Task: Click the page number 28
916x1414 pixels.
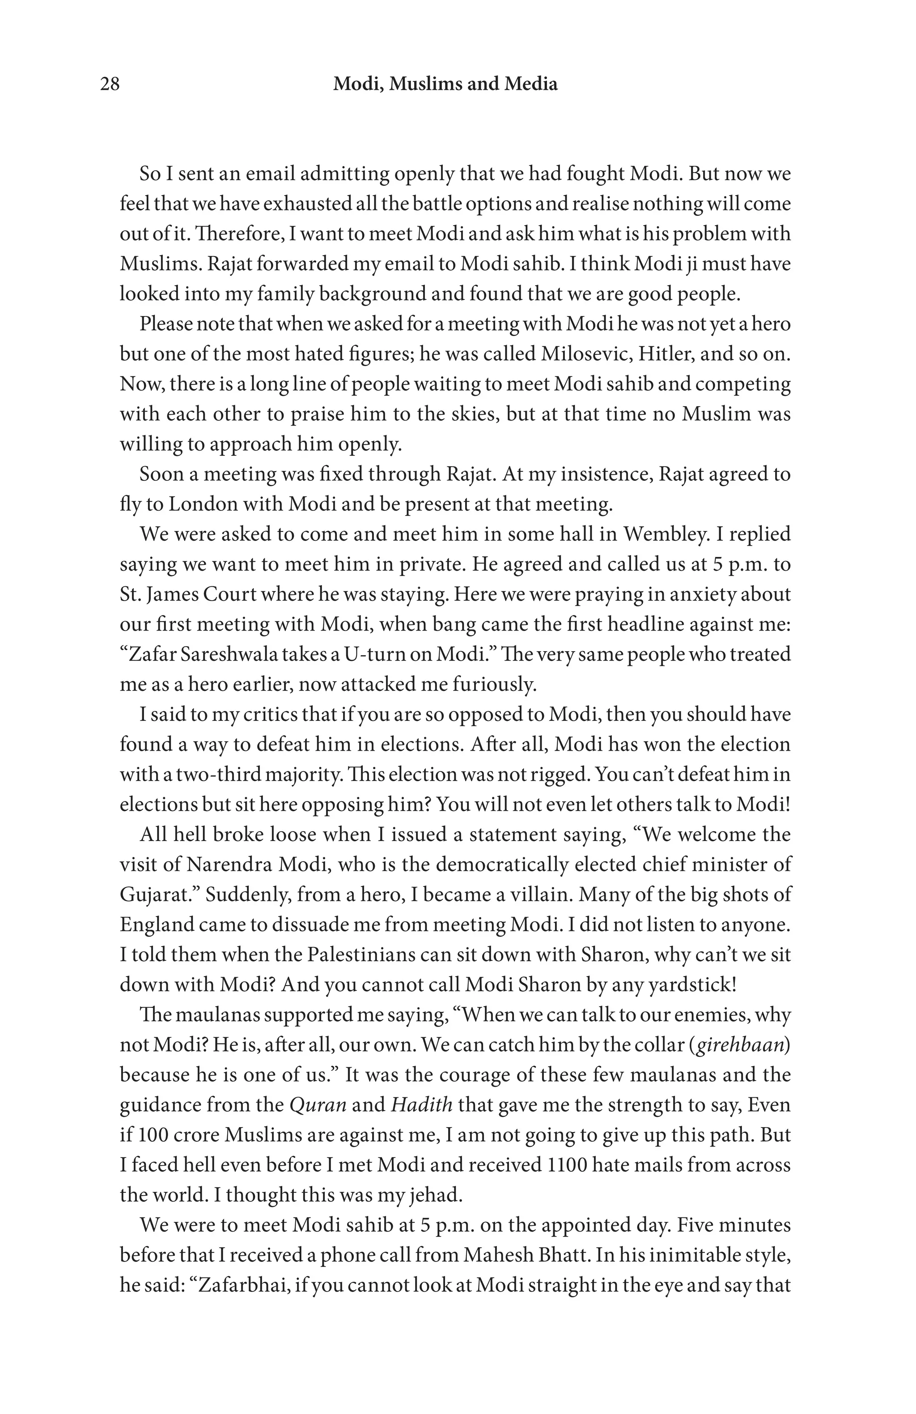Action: point(110,84)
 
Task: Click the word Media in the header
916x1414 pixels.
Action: point(531,84)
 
